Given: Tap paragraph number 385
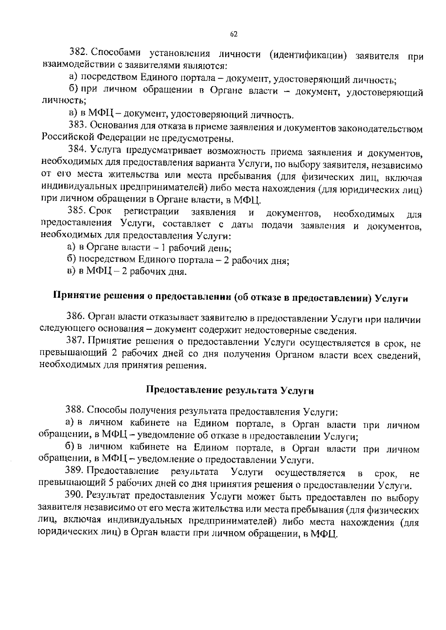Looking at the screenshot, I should coord(77,211).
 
